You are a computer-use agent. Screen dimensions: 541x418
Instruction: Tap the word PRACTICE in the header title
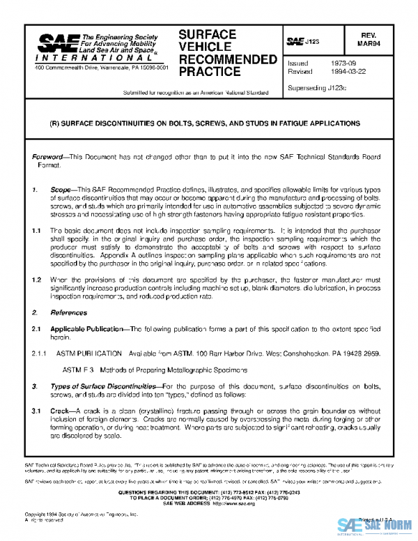coord(208,71)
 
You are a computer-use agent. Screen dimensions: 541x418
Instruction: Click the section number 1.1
coord(37,229)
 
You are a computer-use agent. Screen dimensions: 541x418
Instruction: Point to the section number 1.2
coord(37,279)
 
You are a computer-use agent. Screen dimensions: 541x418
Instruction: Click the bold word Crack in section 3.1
coord(59,411)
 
